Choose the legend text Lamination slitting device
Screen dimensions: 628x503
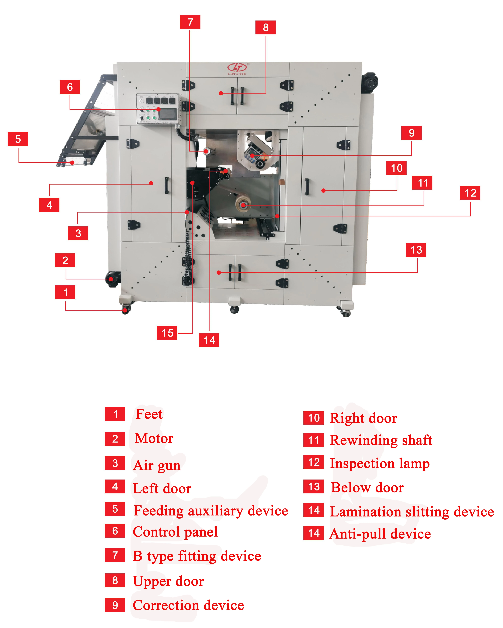[411, 511]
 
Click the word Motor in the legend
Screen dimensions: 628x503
[154, 438]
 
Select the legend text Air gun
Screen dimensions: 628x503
[157, 465]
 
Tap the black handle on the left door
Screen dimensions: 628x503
[166, 185]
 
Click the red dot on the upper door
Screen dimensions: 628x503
[221, 93]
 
